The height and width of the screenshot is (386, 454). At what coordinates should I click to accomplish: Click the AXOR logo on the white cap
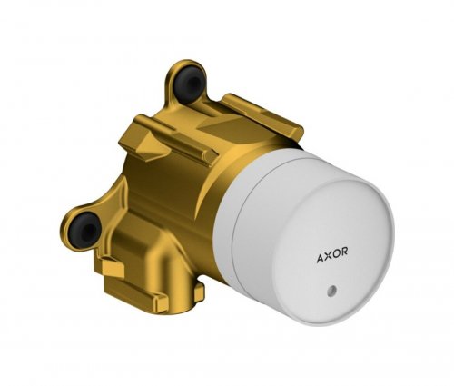click(332, 255)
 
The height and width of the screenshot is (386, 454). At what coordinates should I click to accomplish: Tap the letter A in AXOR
click(321, 258)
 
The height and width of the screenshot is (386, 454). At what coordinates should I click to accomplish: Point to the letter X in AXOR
click(329, 256)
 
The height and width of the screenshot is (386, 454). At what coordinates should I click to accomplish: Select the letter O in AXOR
click(336, 253)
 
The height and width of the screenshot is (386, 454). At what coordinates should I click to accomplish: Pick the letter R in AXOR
click(344, 252)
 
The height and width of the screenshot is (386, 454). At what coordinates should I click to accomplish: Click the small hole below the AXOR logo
click(331, 290)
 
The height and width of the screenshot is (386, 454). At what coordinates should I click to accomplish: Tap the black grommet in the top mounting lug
click(188, 81)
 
